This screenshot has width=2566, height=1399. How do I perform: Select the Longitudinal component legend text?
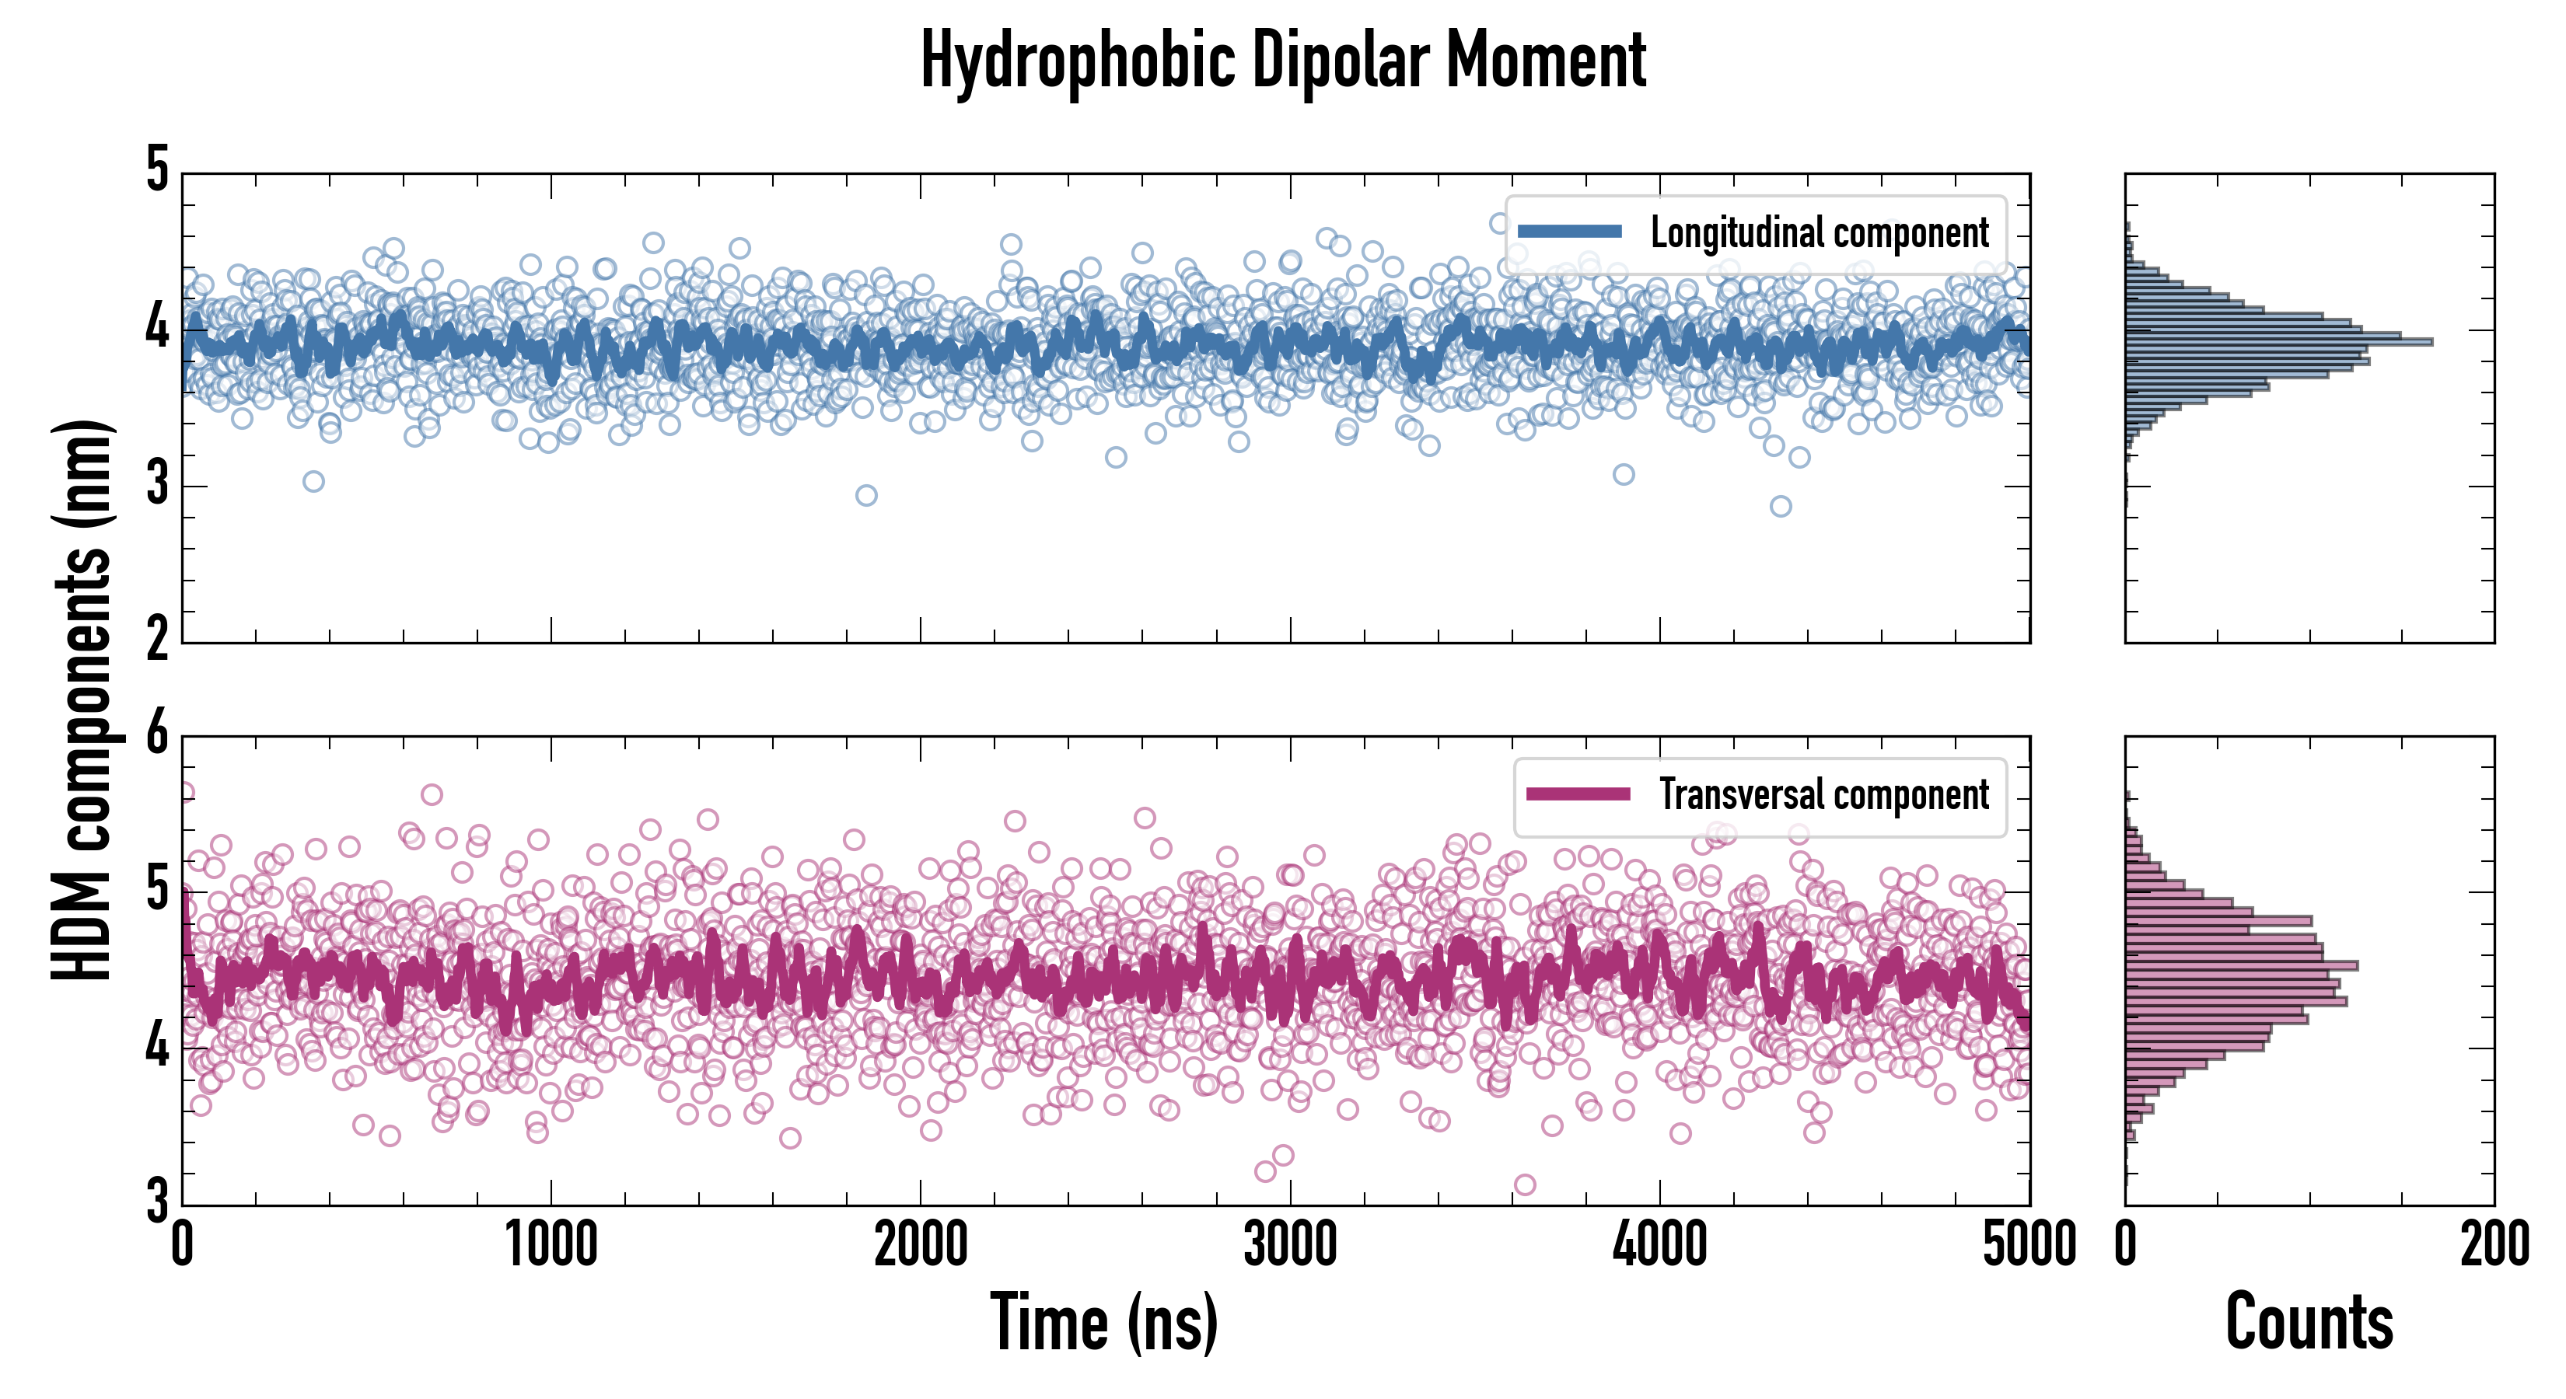[x=1819, y=233]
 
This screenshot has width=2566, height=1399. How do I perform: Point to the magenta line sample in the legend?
[x=1578, y=794]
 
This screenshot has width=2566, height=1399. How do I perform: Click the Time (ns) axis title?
[x=1103, y=1322]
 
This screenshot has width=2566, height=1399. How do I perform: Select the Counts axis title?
[x=2309, y=1322]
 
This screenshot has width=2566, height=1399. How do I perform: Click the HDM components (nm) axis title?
[x=82, y=699]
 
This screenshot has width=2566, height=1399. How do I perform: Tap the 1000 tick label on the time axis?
[x=551, y=1244]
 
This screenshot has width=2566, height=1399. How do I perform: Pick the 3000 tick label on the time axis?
[x=1290, y=1244]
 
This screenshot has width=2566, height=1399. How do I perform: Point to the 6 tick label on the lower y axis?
[x=157, y=736]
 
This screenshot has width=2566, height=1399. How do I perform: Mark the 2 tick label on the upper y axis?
[x=157, y=639]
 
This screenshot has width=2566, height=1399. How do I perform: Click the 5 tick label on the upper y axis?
[x=157, y=171]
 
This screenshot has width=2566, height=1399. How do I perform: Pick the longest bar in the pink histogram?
[x=2241, y=965]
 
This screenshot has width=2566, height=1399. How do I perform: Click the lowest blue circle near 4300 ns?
[x=1780, y=506]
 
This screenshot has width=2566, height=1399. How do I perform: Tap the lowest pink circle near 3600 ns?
[x=1524, y=1184]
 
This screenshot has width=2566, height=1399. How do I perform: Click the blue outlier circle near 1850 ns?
[x=865, y=495]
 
